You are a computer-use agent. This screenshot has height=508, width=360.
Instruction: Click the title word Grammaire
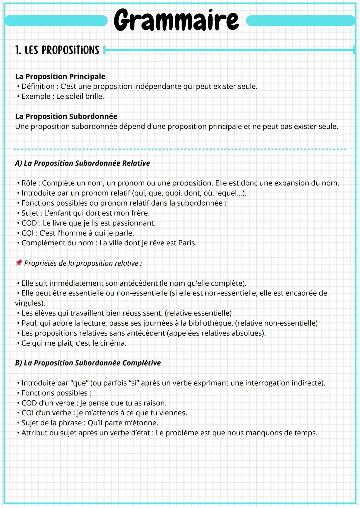[x=176, y=20]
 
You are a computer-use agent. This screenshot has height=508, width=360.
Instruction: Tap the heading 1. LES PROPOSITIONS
[x=57, y=50]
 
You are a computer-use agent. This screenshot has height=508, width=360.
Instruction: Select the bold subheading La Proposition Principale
[x=60, y=76]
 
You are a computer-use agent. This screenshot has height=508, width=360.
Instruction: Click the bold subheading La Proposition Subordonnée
[x=66, y=116]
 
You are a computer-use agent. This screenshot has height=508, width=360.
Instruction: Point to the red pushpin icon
[x=19, y=263]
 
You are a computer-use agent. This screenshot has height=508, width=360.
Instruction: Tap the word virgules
[x=29, y=303]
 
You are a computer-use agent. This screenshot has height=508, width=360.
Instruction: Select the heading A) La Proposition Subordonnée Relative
[x=82, y=163]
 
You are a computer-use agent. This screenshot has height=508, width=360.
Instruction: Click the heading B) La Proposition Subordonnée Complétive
[x=88, y=363]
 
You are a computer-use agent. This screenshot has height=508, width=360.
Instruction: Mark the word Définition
[x=38, y=86]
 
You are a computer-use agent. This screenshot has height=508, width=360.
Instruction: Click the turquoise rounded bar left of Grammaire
[x=56, y=21]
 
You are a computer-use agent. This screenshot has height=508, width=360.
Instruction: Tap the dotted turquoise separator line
[x=180, y=149]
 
